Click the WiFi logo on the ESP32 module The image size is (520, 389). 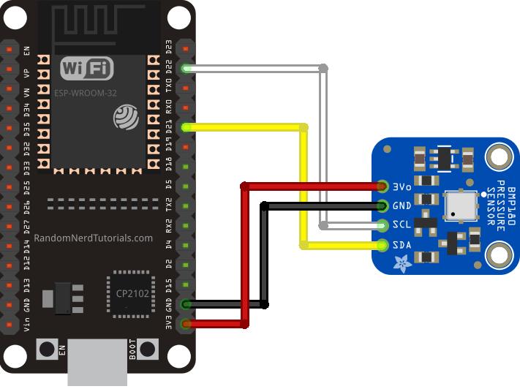coord(87,69)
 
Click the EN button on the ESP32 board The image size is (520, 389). coord(48,350)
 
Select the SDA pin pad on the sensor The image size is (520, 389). coord(383,244)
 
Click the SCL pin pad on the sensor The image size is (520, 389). coord(383,225)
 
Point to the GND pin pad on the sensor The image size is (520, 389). coord(383,205)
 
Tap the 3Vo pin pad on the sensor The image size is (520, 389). coord(383,186)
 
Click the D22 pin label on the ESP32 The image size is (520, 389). coord(169,69)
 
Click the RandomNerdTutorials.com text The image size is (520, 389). coord(94,238)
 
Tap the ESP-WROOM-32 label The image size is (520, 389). coord(86,93)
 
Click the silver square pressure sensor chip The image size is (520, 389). coord(461,206)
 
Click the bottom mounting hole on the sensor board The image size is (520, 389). coord(500,255)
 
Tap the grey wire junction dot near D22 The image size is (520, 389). coord(323,69)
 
